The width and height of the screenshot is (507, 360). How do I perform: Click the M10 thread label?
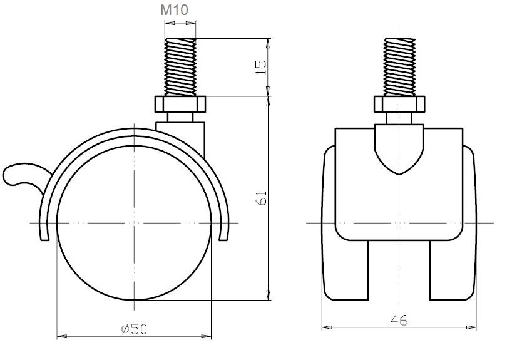coord(174,10)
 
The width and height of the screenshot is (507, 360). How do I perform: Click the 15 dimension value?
coord(261,67)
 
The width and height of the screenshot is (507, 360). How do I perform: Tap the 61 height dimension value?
coord(261,198)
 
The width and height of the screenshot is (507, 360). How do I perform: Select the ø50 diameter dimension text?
coord(134,329)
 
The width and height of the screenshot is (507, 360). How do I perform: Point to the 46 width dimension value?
coord(399,320)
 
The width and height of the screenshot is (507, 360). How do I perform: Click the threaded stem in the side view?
coord(180,67)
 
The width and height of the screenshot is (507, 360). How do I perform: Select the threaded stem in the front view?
coord(399,67)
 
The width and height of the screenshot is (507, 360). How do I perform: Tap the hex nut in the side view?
coord(180,104)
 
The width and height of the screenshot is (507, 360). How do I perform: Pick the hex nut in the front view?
coord(399,104)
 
